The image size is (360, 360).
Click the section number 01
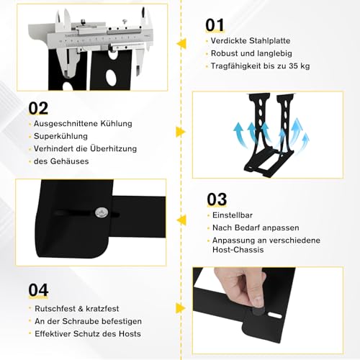pos(215,25)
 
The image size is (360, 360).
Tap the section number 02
pos(38,108)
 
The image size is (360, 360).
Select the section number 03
pos(217,199)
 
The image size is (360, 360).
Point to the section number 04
pos(38,290)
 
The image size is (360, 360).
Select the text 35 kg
pos(300,66)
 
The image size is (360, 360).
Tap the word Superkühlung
pos(60,136)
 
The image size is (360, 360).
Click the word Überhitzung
pos(114,148)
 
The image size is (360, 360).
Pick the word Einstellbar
pos(233,215)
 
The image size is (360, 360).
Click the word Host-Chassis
pos(238,250)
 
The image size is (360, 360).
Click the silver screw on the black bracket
pos(102,212)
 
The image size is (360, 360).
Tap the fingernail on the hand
pos(258,301)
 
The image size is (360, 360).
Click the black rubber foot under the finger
pos(258,312)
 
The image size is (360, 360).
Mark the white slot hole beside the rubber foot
pos(275,315)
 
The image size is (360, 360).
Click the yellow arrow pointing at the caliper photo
pos(181,44)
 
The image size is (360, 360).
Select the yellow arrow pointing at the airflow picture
pos(181,132)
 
